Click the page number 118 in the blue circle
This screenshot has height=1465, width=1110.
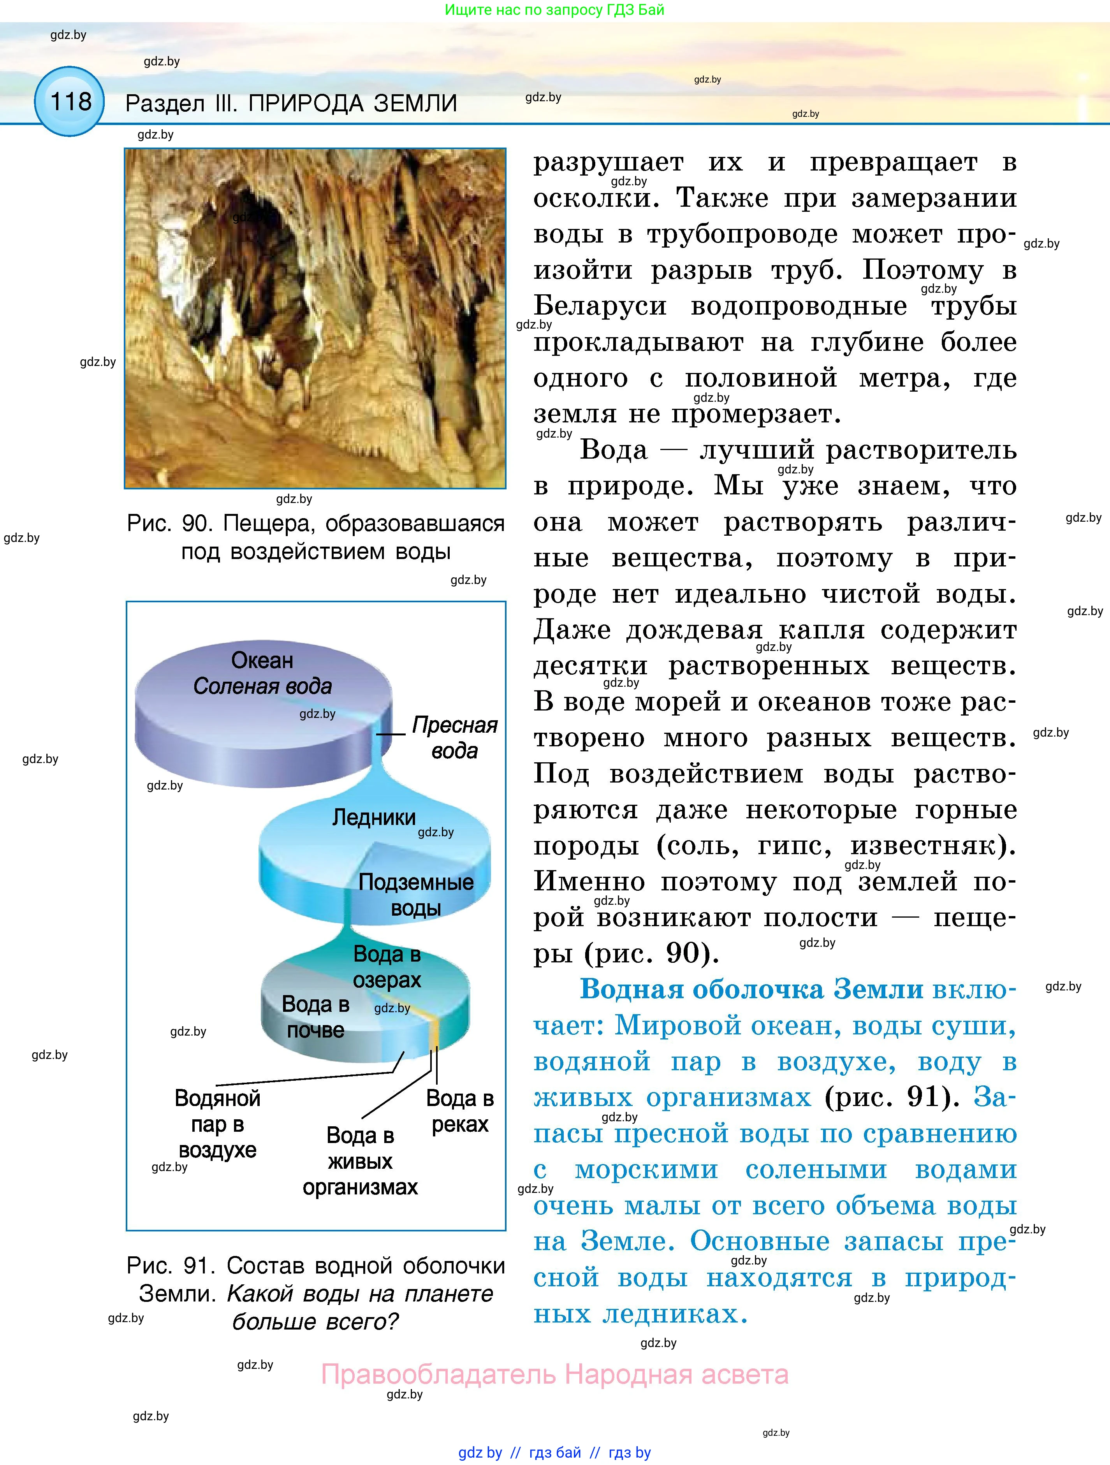click(x=70, y=102)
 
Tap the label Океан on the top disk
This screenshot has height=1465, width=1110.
click(x=262, y=660)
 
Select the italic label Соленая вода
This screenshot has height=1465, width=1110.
click(x=262, y=686)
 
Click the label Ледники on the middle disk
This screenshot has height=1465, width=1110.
click(x=373, y=817)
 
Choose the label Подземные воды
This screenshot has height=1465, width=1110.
click(x=416, y=895)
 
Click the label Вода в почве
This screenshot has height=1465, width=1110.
click(x=315, y=1017)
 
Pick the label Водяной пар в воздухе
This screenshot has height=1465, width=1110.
click(x=217, y=1124)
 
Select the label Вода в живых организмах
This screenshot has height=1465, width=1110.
click(x=360, y=1161)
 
